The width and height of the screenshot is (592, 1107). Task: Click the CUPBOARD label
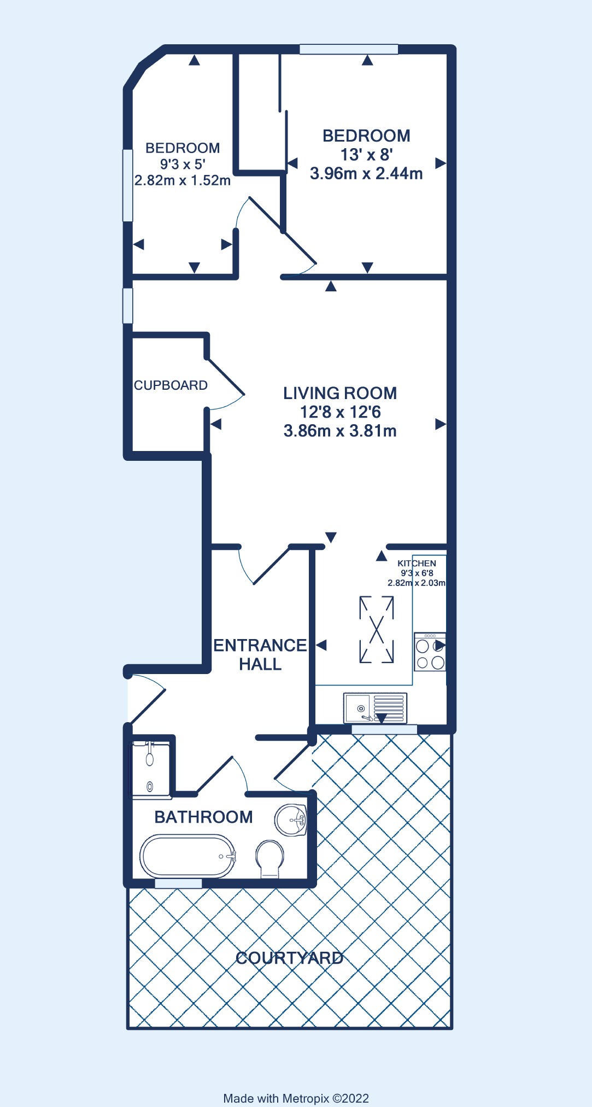point(171,385)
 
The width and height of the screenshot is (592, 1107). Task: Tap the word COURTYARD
point(290,958)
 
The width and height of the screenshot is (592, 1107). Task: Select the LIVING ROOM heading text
point(340,393)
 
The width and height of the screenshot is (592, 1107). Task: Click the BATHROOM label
point(203,817)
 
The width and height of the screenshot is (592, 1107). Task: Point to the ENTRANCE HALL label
point(260,654)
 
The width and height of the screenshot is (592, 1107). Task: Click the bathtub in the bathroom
point(188,856)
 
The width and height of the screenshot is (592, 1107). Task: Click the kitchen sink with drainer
point(375,708)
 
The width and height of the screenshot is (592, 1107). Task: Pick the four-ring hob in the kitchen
point(430,652)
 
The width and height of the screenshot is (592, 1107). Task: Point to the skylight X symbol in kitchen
point(377,630)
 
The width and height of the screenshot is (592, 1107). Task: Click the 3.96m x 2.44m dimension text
point(366,174)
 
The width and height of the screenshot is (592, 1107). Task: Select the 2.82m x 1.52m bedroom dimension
point(183,180)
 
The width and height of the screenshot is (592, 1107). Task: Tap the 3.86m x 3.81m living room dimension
point(340,431)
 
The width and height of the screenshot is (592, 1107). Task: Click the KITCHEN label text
point(417,563)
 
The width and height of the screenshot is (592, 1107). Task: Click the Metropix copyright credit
point(296,1098)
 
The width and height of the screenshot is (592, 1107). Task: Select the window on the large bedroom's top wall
point(349,49)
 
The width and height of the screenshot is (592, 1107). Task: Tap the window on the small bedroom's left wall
point(127,185)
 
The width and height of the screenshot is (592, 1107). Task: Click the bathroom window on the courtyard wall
point(178,883)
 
